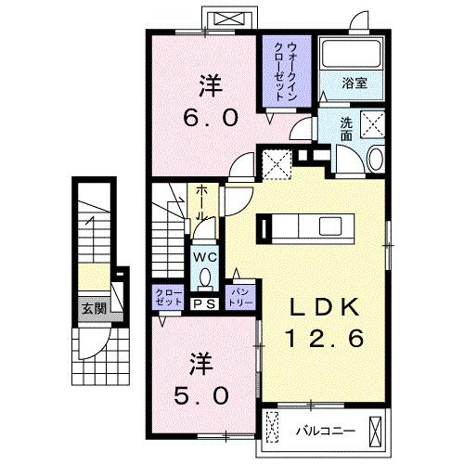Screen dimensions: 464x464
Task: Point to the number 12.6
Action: (x=324, y=340)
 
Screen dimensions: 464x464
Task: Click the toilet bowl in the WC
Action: (x=204, y=277)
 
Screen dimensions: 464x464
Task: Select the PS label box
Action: (x=204, y=302)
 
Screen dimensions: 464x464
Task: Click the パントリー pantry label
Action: (x=239, y=296)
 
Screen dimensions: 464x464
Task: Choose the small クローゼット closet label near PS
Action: (x=166, y=296)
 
